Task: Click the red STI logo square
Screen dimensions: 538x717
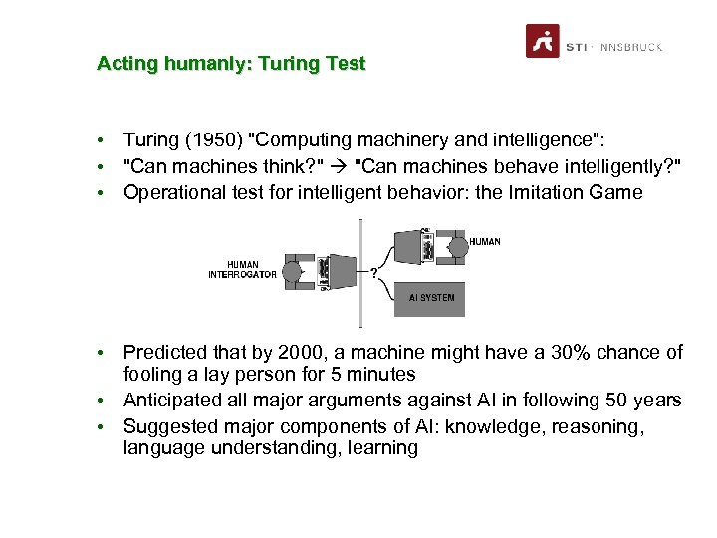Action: pyautogui.click(x=543, y=41)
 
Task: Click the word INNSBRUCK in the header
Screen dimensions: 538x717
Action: pyautogui.click(x=630, y=47)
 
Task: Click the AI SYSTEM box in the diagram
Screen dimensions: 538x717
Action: pyautogui.click(x=429, y=297)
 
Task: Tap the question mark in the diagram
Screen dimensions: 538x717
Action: pyautogui.click(x=373, y=272)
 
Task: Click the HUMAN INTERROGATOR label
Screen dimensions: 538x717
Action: pyautogui.click(x=242, y=269)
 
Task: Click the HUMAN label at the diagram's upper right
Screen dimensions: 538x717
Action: pyautogui.click(x=484, y=241)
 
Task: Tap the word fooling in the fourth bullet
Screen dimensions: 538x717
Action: pyautogui.click(x=154, y=375)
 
